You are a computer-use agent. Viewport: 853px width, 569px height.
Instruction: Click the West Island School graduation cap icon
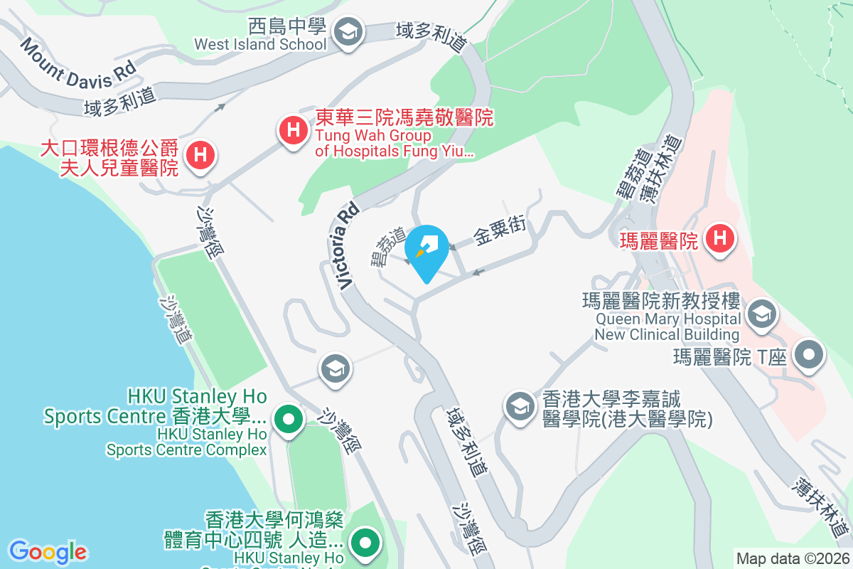(x=348, y=33)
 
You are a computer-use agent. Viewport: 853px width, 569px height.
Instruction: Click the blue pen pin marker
(x=426, y=251)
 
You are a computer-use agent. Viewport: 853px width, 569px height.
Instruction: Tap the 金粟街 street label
(x=500, y=233)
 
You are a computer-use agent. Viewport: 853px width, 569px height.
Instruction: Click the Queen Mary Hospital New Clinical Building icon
(x=761, y=314)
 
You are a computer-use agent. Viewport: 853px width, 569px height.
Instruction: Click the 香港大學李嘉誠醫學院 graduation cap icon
(x=520, y=407)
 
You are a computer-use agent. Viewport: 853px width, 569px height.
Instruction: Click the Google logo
(x=48, y=551)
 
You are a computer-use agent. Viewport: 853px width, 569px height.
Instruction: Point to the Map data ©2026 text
(x=791, y=558)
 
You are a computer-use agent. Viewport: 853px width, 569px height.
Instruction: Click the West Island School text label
(x=261, y=44)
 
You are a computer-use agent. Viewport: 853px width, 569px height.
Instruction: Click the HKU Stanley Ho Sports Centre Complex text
(x=186, y=441)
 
